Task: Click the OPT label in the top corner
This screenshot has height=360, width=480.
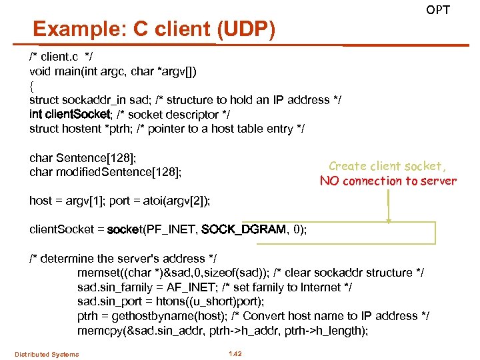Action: coord(438,10)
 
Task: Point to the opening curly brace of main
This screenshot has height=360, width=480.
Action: coord(32,85)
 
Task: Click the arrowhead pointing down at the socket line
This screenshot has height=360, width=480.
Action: coord(388,221)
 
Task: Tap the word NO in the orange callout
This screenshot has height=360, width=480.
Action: coord(329,181)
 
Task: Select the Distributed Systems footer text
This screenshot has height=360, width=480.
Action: coord(47,354)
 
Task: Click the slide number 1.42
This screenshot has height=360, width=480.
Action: coord(235,353)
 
